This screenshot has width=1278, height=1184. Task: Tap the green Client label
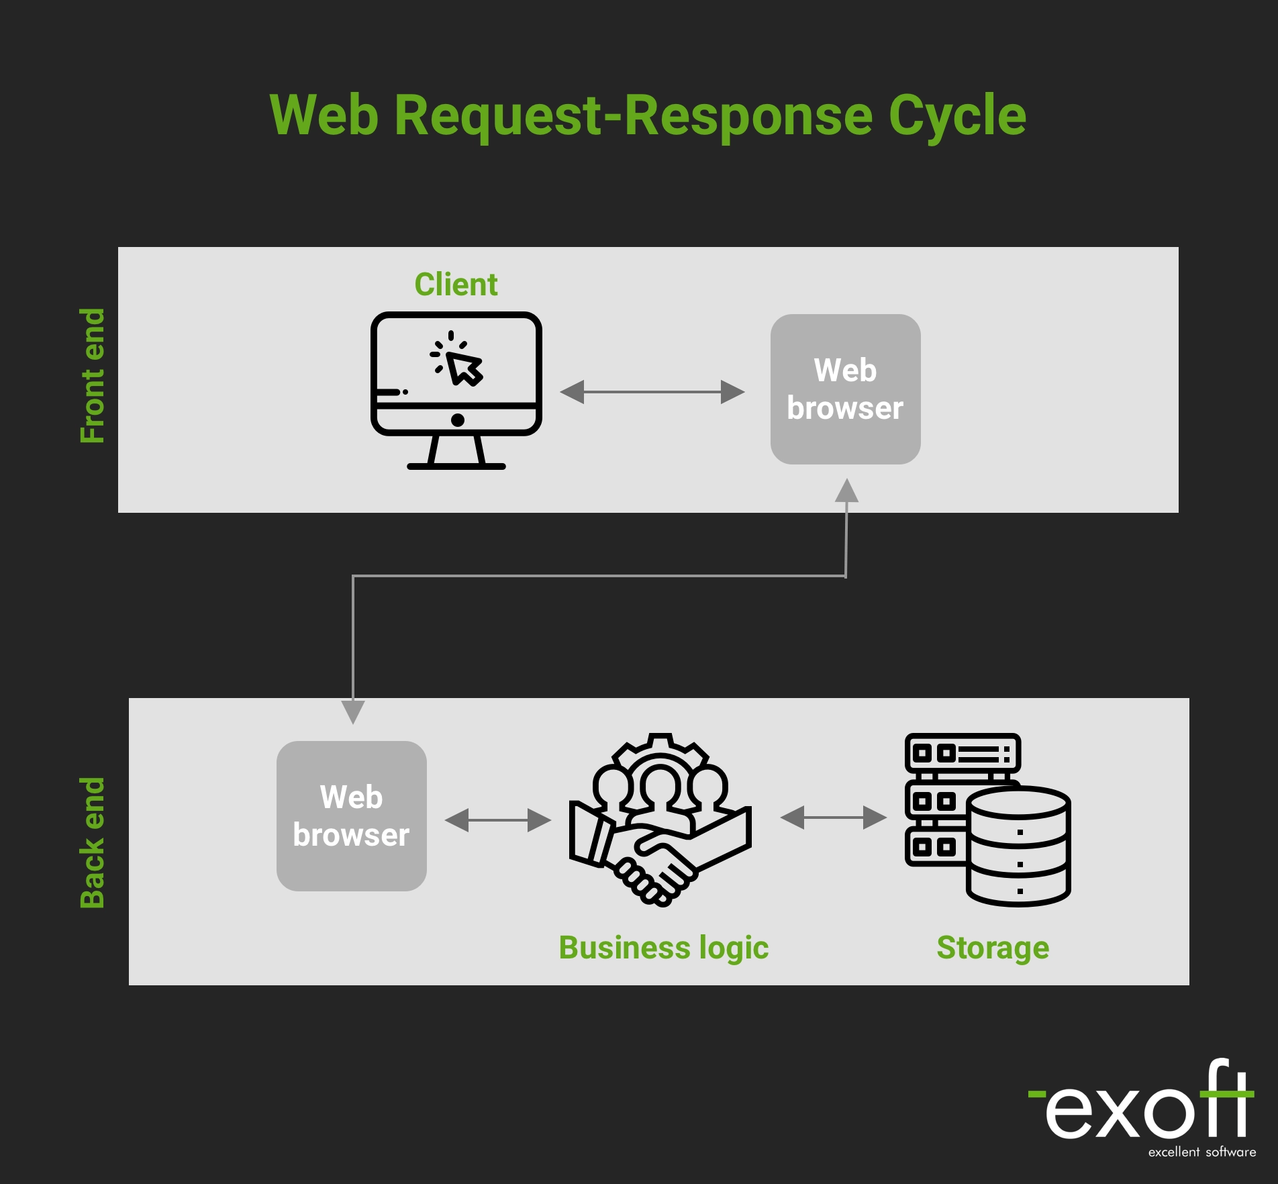point(456,285)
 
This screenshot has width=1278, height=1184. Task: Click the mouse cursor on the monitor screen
point(464,368)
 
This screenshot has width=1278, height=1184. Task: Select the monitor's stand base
point(456,466)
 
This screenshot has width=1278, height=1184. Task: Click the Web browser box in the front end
point(845,389)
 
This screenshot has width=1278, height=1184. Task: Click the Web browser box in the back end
point(351,816)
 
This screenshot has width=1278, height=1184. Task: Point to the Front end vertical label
point(93,376)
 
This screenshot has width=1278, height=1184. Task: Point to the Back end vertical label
point(93,843)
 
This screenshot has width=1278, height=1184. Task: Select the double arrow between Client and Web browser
point(652,392)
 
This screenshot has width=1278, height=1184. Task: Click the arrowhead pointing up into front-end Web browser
point(846,491)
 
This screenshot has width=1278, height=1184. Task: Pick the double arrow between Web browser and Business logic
point(497,820)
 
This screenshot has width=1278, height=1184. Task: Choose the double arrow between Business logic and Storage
point(833,818)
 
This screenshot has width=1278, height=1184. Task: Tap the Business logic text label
point(663,948)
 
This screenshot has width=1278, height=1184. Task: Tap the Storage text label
point(993,948)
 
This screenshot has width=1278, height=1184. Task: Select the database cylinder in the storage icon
point(1018,847)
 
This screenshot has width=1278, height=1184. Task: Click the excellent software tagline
point(1201,1152)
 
